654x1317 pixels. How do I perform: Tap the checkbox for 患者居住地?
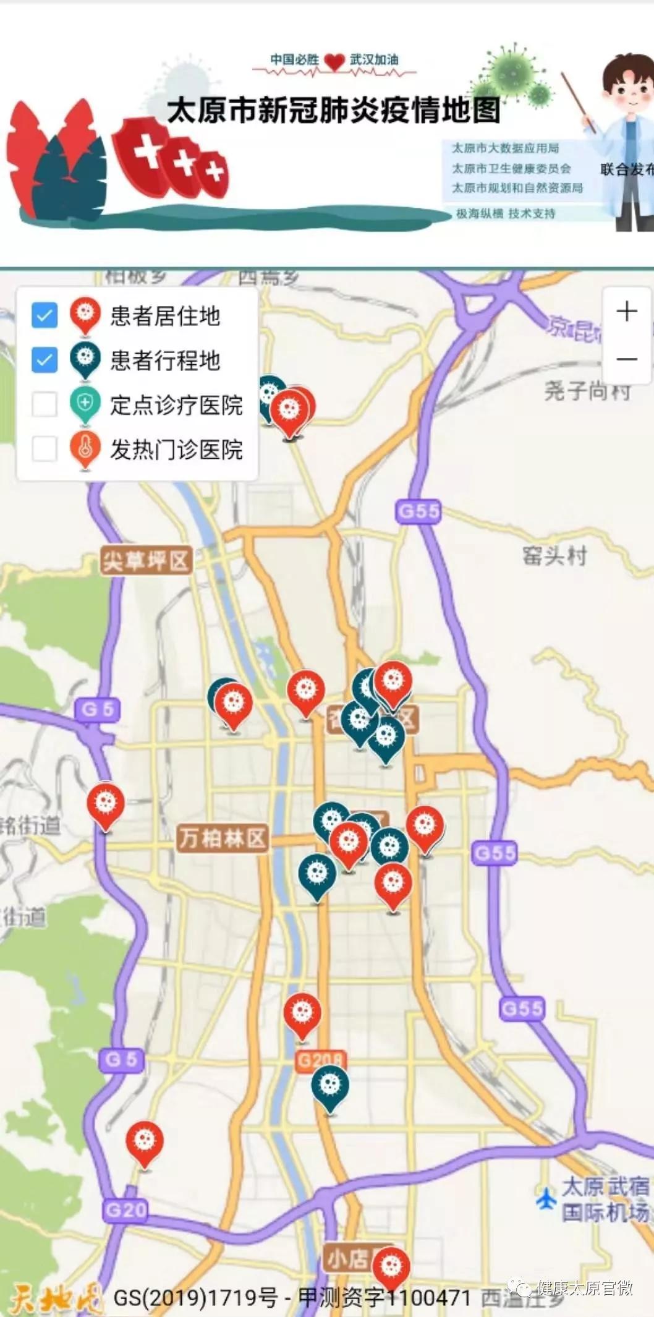pos(45,315)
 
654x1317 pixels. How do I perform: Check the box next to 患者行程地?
pos(45,359)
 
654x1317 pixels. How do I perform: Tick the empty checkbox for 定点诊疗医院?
pos(45,404)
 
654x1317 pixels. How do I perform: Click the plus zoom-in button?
pos(627,311)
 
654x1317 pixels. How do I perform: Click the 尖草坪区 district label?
pos(145,561)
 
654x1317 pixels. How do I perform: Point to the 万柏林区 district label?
pos(223,838)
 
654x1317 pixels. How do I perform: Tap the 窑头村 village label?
pos(554,556)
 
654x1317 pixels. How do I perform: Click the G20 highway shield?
pos(125,1209)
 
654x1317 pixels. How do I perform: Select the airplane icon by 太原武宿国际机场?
pos(546,1198)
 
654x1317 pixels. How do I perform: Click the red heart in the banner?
pos(334,62)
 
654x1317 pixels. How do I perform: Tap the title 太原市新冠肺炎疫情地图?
pos(333,110)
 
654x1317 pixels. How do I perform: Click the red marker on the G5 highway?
pos(106,804)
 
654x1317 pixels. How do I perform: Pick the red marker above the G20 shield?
pos(145,1141)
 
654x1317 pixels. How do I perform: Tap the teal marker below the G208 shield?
pos(330,1086)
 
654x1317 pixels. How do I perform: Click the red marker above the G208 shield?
pos(302,1013)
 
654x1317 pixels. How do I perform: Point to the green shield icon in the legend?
pos(85,404)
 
